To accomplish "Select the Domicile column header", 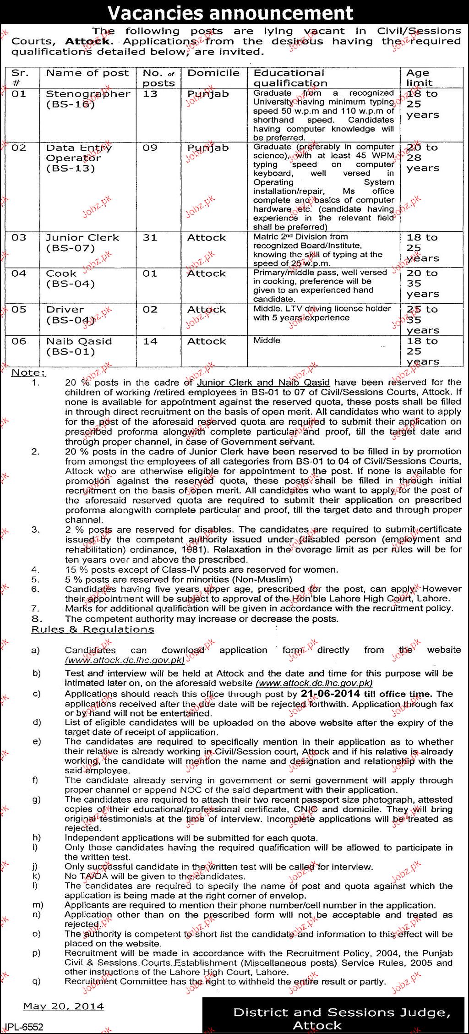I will click(x=213, y=73).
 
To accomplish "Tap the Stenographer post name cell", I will click(x=88, y=99).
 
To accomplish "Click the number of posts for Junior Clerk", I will click(x=150, y=238).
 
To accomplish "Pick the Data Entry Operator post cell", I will click(x=78, y=158).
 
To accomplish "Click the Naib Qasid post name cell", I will click(x=78, y=346).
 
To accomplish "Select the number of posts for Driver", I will click(x=150, y=310).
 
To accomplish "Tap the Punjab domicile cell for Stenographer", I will click(x=207, y=94).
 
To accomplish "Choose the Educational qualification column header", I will click(x=290, y=77).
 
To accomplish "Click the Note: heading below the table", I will click(x=28, y=372).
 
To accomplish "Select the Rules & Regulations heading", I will click(x=93, y=629).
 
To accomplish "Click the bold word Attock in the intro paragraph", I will click(x=87, y=41).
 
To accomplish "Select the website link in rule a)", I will click(x=125, y=660).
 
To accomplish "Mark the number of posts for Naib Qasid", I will click(x=150, y=341).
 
